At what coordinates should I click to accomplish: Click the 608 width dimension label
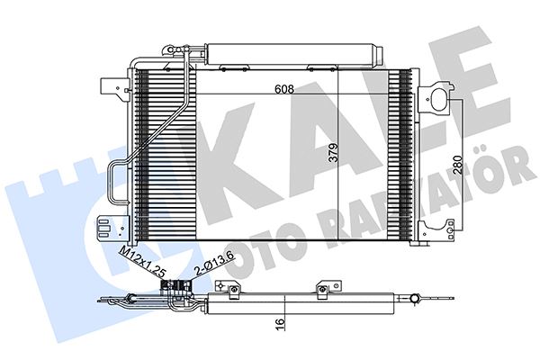(284, 89)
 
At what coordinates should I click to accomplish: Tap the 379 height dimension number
(333, 153)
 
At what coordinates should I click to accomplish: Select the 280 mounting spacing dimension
(457, 165)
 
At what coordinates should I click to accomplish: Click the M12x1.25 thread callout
(141, 261)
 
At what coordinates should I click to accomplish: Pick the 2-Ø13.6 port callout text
(214, 264)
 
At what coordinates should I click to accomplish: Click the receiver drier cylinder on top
(293, 54)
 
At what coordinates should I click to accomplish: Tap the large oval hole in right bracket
(439, 100)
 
